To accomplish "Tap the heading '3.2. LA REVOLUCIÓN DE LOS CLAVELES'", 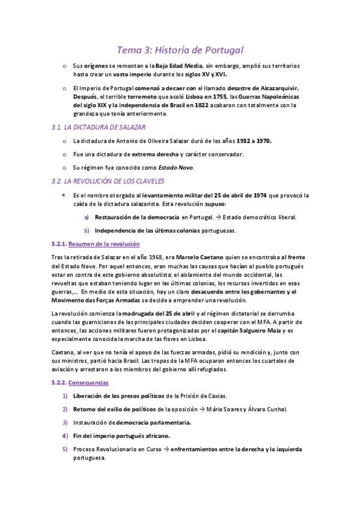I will point(108,181).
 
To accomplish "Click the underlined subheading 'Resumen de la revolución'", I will point(104,244).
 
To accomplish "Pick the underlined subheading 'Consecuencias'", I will point(88,382).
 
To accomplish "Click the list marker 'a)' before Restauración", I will point(87,217).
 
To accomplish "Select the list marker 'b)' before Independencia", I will point(87,230).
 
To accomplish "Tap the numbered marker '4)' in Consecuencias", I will point(65,435).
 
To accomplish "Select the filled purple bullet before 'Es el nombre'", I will point(64,195).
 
